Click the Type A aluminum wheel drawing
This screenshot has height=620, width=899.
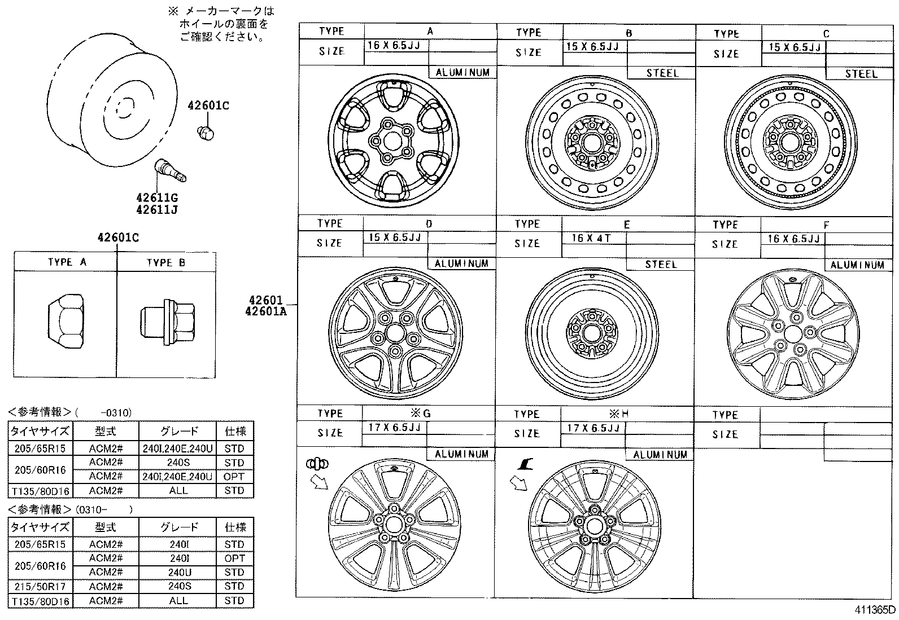click(x=393, y=140)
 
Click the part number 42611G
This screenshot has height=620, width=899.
click(x=156, y=197)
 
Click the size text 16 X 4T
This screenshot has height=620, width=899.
click(x=591, y=239)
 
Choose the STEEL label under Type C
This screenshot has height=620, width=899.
click(x=861, y=74)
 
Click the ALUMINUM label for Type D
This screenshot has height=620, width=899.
click(x=461, y=263)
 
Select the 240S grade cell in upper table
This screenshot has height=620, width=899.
click(x=178, y=463)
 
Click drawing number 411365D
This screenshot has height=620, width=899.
click(x=874, y=610)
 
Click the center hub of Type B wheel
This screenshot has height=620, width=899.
click(x=592, y=140)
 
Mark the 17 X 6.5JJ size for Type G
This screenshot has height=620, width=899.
click(x=394, y=428)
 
